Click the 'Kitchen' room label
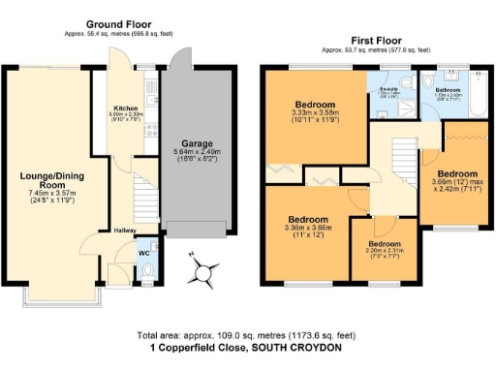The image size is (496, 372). [127, 108]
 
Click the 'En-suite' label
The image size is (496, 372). [388, 88]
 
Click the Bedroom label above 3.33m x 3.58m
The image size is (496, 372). [316, 104]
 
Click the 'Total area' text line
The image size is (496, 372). [247, 333]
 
